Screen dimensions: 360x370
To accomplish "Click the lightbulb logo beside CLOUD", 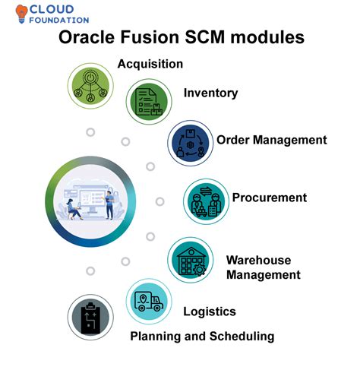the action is [x=21, y=14].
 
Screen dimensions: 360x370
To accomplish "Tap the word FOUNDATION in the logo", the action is [x=59, y=21].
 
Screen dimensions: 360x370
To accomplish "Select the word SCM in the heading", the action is [x=204, y=37].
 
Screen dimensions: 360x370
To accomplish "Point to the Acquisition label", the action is [x=150, y=64].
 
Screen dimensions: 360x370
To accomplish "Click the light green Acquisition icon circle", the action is [x=90, y=86].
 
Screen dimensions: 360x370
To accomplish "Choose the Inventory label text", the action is [x=210, y=93].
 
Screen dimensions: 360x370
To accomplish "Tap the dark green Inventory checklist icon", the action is [x=149, y=101].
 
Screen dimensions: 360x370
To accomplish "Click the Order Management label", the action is [x=272, y=140].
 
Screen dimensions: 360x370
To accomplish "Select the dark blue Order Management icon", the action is [x=191, y=143].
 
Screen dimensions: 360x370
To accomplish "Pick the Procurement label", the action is [x=270, y=198].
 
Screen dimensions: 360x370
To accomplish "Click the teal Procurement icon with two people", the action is [x=206, y=201].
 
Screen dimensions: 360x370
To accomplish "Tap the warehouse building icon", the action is [x=191, y=260].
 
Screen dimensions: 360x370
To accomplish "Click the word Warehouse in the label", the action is [x=258, y=260].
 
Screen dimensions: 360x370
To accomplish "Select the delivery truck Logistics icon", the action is [x=149, y=302].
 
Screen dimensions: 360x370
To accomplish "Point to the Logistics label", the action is [x=210, y=311].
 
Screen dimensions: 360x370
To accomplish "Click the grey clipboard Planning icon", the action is [x=90, y=317].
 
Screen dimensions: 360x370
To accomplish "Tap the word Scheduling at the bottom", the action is [x=242, y=337].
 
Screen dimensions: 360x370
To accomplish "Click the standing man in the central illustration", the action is [x=109, y=205].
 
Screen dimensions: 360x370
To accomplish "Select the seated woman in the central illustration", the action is [x=74, y=209].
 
